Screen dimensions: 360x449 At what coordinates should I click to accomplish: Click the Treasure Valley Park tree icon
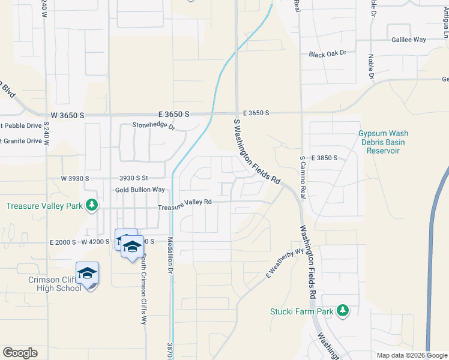coord(91,205)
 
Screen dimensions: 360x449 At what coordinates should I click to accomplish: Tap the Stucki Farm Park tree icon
coord(343,310)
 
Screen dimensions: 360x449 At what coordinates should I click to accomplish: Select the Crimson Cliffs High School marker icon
coord(87,274)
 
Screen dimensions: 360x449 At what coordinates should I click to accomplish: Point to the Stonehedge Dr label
coord(153,127)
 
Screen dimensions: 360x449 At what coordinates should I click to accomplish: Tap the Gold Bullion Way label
coord(140,190)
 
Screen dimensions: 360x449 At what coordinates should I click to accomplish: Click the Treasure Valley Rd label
coord(185,202)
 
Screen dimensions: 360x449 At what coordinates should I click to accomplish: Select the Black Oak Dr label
coord(328,54)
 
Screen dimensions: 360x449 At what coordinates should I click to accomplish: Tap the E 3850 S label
coord(324,158)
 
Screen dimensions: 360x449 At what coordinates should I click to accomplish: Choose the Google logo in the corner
coord(20,353)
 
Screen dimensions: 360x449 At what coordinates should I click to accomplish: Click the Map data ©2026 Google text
coord(412,355)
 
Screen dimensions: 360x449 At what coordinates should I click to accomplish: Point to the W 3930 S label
coord(75,178)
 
